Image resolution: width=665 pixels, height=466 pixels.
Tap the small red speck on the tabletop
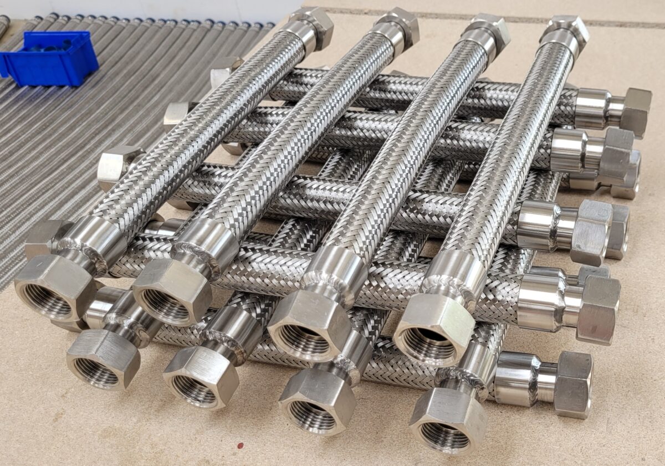pyautogui.click(x=240, y=445)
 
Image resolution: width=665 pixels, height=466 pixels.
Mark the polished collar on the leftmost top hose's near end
pyautogui.click(x=92, y=244)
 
